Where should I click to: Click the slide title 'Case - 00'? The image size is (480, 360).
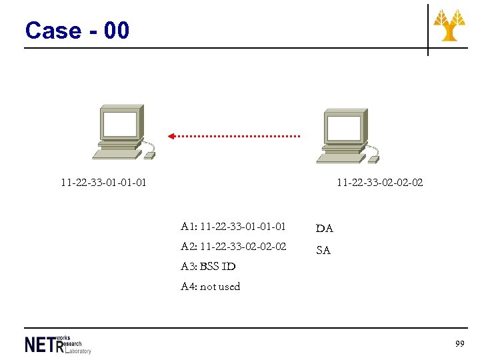coord(77,31)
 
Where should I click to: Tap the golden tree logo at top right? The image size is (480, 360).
coord(449,25)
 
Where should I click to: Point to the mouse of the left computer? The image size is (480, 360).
coord(150,155)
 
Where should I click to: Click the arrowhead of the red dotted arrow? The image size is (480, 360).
coord(171,136)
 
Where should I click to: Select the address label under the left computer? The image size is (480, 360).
coord(103,182)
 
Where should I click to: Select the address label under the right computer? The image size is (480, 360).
coord(379,182)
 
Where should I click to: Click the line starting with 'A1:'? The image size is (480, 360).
coord(233,227)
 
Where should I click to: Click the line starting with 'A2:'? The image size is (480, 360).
coord(233,247)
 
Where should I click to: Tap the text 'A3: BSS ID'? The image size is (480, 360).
coord(208,267)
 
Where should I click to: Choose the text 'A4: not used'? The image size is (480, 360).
coord(210,287)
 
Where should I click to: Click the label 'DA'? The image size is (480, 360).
coord(325,229)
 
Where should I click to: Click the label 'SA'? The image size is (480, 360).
coord(323,251)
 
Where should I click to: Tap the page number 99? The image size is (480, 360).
coord(459,343)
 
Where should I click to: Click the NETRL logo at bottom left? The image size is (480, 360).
coord(57,344)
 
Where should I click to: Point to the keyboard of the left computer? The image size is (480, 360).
coord(117,154)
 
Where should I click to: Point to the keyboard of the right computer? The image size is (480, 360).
coord(341,158)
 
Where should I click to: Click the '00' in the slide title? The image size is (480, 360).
coord(117,31)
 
